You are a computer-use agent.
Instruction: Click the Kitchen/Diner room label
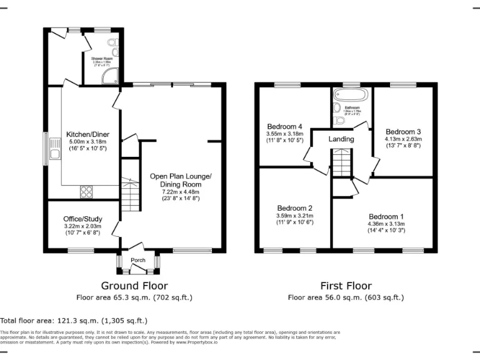tap(81, 134)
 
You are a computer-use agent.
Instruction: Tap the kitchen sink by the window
tap(54, 149)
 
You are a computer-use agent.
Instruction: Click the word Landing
tap(341, 139)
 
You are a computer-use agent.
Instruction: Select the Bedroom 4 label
tap(285, 126)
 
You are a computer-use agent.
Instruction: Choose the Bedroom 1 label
tap(386, 216)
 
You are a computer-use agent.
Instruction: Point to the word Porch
tap(137, 260)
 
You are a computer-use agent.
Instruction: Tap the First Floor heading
tap(345, 286)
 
